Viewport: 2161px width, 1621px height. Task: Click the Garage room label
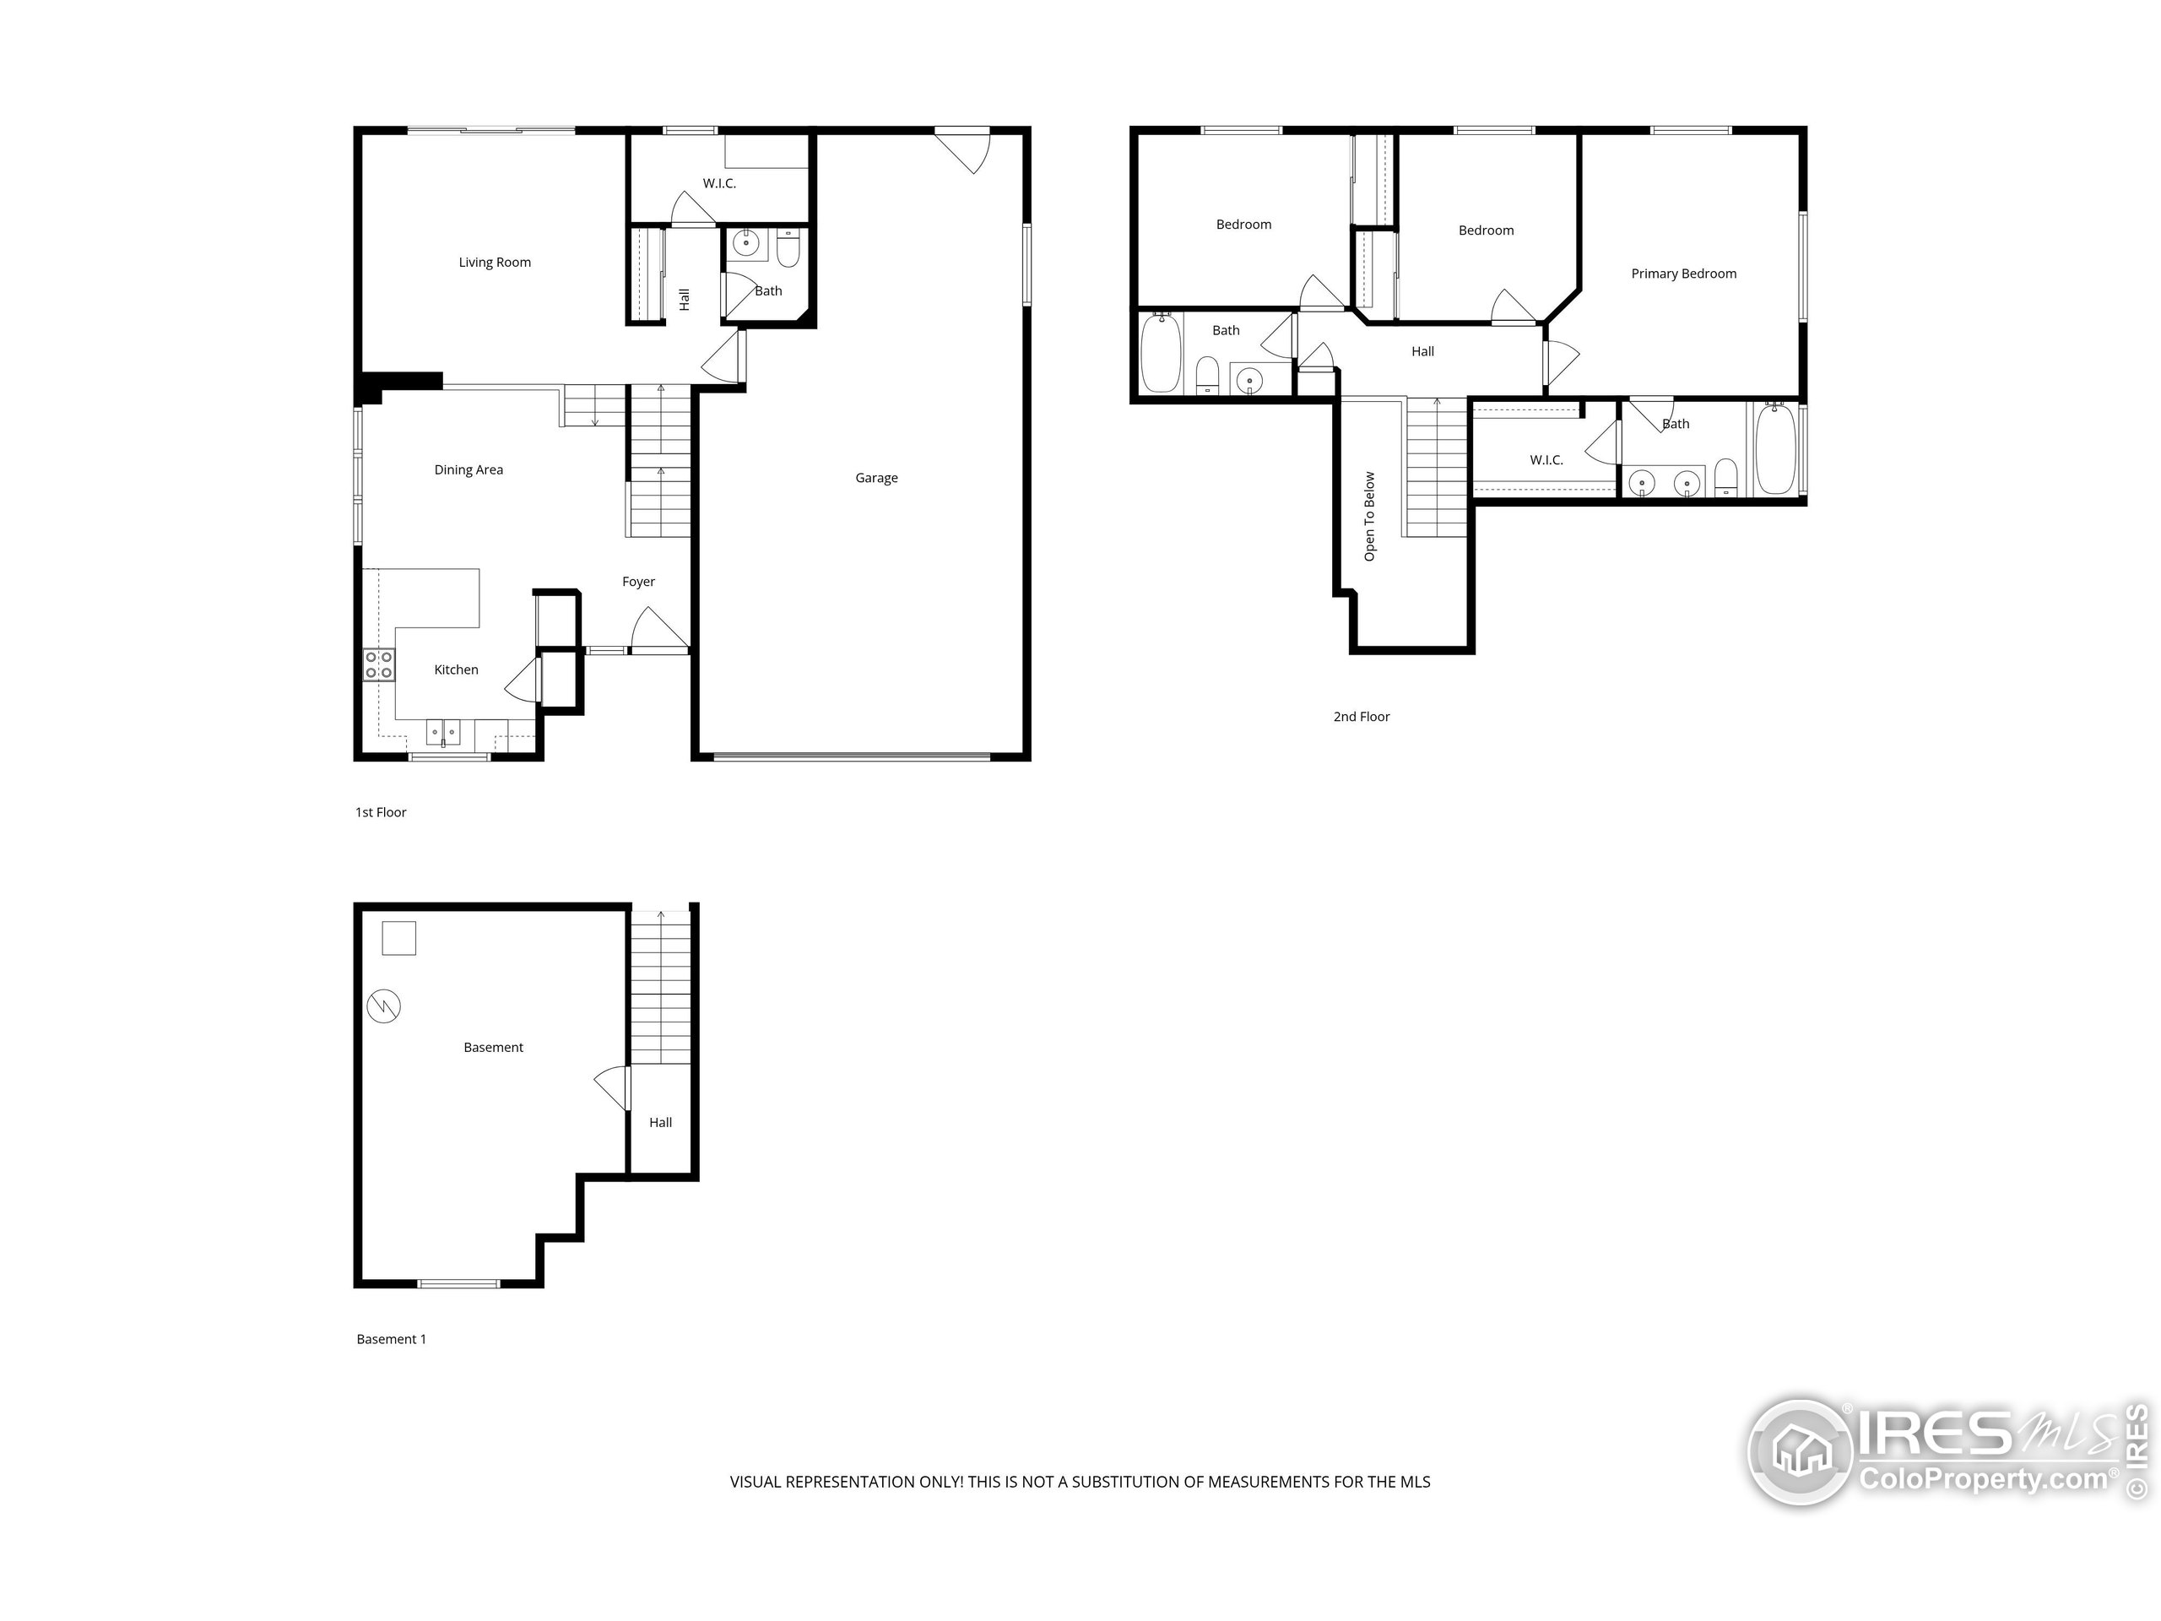click(x=876, y=478)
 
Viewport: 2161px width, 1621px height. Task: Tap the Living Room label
click(x=495, y=262)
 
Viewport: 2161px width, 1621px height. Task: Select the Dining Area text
click(x=468, y=470)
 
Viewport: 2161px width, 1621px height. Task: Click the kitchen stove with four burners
click(x=379, y=665)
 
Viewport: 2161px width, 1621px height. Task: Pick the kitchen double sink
click(x=442, y=732)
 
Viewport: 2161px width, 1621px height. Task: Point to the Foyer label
click(x=638, y=582)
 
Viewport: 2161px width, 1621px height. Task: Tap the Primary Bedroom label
click(x=1683, y=274)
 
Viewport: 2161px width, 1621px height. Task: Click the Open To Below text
click(x=1370, y=516)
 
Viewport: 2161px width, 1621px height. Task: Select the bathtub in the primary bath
click(x=1775, y=449)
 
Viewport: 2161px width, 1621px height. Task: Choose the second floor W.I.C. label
click(x=1546, y=460)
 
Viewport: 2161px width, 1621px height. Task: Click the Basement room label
click(x=493, y=1048)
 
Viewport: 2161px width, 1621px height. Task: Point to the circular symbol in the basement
click(x=384, y=1006)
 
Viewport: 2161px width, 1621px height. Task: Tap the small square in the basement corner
click(x=398, y=938)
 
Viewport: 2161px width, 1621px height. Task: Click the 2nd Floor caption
click(x=1361, y=716)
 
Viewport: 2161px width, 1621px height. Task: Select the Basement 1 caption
click(x=391, y=1339)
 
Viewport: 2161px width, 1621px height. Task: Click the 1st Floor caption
click(x=380, y=812)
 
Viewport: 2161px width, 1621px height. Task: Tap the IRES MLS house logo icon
click(x=1800, y=1452)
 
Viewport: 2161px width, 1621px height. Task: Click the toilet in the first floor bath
click(x=788, y=249)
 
